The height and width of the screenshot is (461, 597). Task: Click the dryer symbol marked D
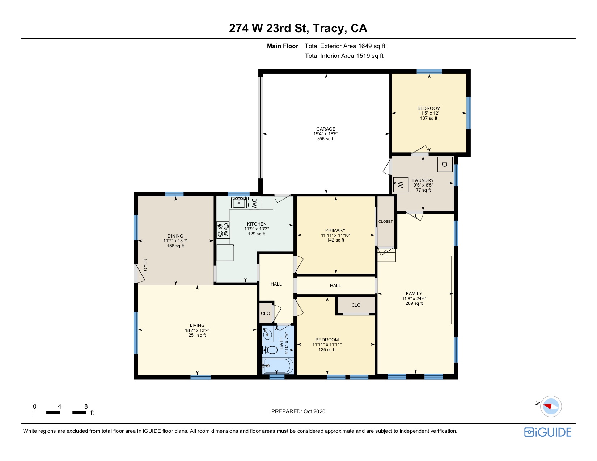(x=445, y=165)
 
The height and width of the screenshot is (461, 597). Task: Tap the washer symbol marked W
(x=401, y=185)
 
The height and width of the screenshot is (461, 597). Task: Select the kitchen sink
(x=239, y=202)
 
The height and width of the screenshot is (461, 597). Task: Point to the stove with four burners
(x=223, y=230)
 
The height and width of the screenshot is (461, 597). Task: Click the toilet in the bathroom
(x=270, y=350)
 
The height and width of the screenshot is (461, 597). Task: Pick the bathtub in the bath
(x=278, y=366)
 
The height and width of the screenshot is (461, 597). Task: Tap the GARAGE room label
(x=326, y=129)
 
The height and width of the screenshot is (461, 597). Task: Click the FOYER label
(x=145, y=266)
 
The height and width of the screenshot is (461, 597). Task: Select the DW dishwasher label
(x=254, y=203)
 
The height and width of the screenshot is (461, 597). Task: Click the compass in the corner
(x=551, y=406)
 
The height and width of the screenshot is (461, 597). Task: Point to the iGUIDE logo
(x=548, y=432)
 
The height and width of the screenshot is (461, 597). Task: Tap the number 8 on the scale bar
(x=86, y=406)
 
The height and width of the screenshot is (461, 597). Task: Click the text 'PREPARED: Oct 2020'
(x=298, y=411)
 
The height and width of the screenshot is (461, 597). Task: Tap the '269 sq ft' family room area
(x=414, y=303)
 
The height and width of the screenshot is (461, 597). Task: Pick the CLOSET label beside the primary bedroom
(x=385, y=222)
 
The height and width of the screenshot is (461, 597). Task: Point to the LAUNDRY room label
(x=423, y=180)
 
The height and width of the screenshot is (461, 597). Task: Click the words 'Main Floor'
(x=283, y=46)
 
